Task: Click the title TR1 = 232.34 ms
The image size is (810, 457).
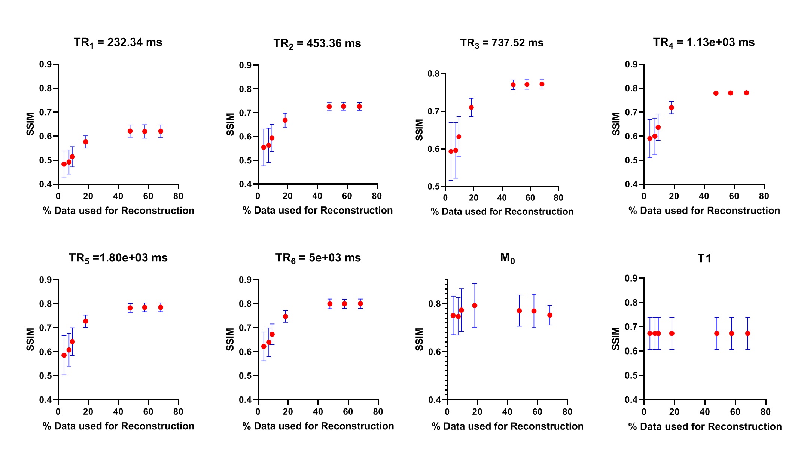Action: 118,43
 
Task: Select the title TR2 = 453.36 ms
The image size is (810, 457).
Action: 317,44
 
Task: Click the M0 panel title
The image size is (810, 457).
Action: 508,258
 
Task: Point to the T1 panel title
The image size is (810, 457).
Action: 704,258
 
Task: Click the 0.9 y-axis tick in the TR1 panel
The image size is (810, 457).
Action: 46,64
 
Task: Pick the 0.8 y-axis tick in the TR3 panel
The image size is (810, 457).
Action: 434,74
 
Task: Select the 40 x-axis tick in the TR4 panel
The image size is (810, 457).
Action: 704,196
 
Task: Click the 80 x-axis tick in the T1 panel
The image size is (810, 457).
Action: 765,412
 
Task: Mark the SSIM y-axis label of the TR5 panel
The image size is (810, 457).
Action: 30,339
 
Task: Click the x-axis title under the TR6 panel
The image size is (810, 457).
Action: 318,426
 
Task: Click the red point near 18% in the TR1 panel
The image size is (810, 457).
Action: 86,142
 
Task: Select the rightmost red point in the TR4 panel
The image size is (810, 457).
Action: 746,93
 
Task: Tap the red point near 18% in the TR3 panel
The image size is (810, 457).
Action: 471,107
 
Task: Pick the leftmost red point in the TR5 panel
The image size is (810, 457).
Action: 64,355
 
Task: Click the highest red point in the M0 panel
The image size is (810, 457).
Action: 475,306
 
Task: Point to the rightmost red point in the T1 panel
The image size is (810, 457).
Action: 748,334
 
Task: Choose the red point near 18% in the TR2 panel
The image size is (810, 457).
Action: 285,120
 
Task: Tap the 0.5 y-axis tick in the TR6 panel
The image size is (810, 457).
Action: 245,375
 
